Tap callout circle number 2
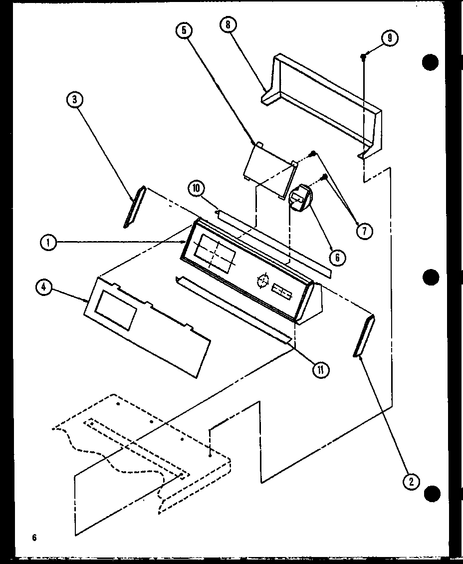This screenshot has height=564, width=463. pos(412,481)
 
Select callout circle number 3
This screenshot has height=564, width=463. pos(74,100)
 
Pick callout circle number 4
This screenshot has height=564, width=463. pos(43,287)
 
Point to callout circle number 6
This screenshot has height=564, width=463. pos(337,257)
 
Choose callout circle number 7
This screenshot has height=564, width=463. pos(365,231)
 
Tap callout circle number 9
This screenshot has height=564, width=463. pos(389,38)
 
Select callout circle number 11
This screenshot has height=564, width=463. pos(322,369)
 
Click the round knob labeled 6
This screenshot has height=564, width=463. pos(299,199)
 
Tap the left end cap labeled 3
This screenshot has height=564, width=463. pos(134,207)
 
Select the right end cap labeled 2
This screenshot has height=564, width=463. pos(364,337)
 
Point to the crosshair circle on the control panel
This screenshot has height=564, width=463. pos(262,281)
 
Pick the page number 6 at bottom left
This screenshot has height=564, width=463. pos(34,538)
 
